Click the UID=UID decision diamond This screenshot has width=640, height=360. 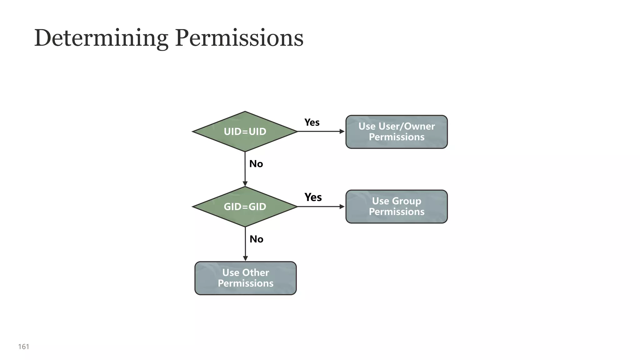245,132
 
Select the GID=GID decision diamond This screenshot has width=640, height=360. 245,207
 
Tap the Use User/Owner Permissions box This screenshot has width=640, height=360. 396,132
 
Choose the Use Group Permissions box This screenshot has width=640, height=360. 396,206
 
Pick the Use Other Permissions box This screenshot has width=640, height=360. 245,278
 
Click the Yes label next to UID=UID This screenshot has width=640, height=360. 312,122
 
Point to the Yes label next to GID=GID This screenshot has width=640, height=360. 313,197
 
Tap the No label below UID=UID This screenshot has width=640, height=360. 256,164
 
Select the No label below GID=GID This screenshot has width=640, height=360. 256,239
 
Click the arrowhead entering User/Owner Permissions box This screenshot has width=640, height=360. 342,132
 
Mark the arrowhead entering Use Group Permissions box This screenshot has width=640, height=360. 342,207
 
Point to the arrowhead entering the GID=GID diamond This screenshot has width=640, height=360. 245,184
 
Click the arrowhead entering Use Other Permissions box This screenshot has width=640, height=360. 245,258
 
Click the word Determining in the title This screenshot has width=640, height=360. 101,38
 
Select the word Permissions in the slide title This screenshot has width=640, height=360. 239,38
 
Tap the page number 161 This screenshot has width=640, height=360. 24,347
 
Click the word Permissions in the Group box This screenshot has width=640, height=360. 396,212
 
